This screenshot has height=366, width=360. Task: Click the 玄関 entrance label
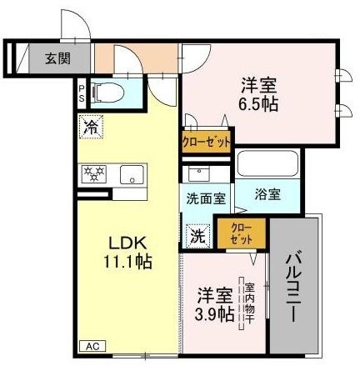tap(57, 58)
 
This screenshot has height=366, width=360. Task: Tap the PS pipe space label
tap(82, 93)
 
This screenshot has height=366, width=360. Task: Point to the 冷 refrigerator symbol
tap(91, 127)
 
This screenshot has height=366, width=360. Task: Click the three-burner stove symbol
tap(94, 174)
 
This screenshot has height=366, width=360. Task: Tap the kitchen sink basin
tap(132, 174)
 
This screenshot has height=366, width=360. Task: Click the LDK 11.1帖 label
tap(127, 253)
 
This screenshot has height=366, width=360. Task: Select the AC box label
tap(92, 346)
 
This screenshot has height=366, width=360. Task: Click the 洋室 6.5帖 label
tap(259, 95)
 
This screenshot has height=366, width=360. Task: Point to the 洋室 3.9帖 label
tap(214, 305)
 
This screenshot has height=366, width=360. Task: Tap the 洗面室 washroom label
tap(206, 199)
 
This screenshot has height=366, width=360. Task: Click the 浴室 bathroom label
tap(267, 194)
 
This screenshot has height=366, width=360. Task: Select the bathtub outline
tap(267, 163)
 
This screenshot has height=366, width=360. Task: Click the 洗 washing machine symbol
tap(198, 236)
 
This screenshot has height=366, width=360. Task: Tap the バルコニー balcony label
tap(294, 288)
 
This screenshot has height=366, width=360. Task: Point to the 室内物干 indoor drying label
tap(249, 303)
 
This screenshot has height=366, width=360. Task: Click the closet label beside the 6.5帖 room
tap(206, 142)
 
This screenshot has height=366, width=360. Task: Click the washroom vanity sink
tap(198, 173)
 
